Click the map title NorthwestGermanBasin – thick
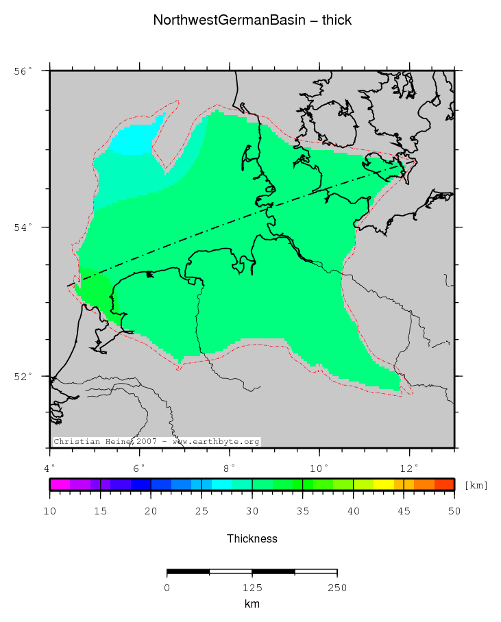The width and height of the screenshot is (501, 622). [252, 21]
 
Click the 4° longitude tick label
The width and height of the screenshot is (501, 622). [50, 469]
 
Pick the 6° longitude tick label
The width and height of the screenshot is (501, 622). [140, 469]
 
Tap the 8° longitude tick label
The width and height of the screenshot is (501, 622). [230, 469]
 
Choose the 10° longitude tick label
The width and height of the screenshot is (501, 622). [320, 469]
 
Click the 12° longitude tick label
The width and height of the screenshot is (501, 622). [410, 469]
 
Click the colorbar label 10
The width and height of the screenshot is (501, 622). [50, 511]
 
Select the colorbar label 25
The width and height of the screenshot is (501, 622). [201, 511]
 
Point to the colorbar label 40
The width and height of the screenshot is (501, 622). [353, 511]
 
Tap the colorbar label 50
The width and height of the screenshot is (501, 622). [454, 511]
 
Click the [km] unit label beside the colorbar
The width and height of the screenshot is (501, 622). [476, 486]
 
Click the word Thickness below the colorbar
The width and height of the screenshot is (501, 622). [252, 539]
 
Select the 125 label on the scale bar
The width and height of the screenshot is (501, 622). [252, 588]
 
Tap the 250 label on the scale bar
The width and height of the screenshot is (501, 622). [337, 588]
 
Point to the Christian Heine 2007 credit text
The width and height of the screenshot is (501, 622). [156, 442]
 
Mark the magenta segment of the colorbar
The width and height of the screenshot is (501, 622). [60, 484]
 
